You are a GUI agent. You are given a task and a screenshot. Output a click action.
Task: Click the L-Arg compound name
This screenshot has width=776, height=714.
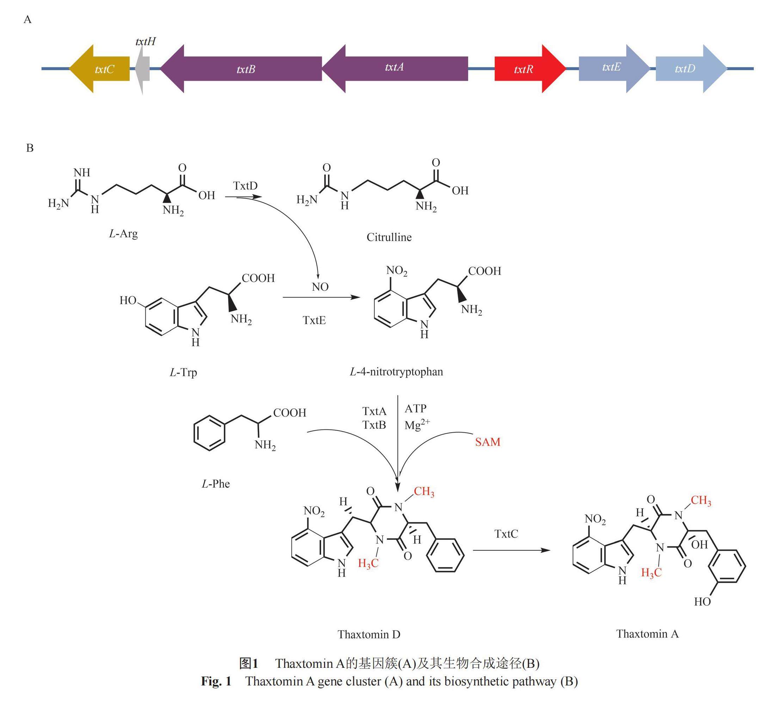123,234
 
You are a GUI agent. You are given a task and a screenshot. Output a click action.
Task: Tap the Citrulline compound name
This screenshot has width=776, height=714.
389,237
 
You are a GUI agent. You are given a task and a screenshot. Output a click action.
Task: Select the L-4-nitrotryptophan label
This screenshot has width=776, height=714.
396,372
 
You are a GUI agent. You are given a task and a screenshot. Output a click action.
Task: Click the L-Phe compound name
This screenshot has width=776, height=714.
215,484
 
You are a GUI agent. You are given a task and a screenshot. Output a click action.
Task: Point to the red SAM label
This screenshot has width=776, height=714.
488,441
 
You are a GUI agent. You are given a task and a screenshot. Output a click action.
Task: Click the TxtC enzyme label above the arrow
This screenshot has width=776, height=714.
506,534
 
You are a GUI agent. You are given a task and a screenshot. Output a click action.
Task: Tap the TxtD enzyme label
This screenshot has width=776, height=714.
245,186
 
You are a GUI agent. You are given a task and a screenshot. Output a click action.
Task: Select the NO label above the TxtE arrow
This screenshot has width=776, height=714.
320,287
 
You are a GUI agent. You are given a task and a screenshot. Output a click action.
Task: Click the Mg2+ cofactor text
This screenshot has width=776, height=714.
417,425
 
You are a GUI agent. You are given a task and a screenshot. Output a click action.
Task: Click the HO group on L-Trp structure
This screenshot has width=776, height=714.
128,300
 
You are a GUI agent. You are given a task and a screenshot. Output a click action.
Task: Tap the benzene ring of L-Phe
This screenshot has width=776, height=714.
209,433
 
